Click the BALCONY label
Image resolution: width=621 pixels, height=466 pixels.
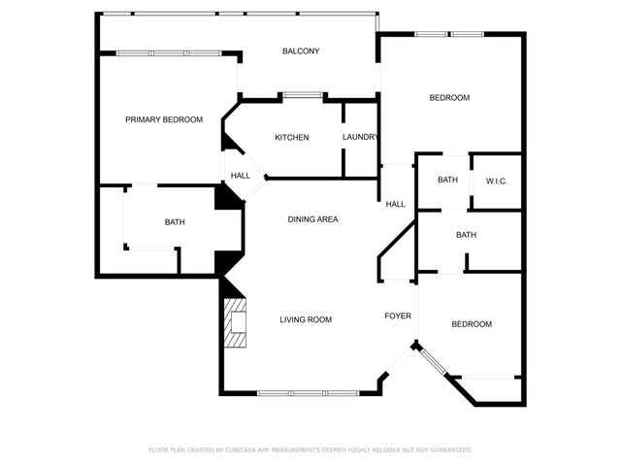coord(301,51)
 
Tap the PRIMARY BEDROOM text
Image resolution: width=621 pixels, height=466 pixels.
coord(164,119)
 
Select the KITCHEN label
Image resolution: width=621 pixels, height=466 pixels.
coord(291,138)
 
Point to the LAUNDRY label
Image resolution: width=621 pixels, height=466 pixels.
coord(360,137)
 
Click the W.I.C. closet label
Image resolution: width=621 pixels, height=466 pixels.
coord(497,181)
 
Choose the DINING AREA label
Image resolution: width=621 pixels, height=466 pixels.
coord(312,219)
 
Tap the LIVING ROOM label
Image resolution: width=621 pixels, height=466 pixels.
coord(306,320)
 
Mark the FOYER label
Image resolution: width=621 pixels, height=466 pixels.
coord(398,316)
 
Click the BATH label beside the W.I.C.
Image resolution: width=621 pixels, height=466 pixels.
coord(447,181)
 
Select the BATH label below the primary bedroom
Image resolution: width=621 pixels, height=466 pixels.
coord(175,222)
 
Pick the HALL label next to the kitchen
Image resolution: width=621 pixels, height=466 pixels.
coord(240,176)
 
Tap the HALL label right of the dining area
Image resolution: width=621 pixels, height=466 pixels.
coord(396,205)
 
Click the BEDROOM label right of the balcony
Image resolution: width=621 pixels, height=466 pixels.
coord(449,98)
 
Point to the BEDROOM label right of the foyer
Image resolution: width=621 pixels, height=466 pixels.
coord(472,324)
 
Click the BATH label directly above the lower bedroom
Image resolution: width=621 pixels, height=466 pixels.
coord(467,235)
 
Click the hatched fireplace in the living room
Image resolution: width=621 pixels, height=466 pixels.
coord(236,324)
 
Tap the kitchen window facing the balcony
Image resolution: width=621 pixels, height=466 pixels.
coord(303,95)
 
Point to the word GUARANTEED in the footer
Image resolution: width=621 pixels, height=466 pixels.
coord(450,450)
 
